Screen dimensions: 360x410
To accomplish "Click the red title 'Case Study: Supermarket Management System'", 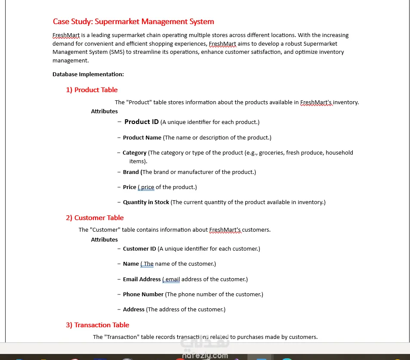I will (133, 22).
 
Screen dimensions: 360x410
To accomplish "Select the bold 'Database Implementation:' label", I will (88, 74).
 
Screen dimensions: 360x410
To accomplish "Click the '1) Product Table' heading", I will (92, 90).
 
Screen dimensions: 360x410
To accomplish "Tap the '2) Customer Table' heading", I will (95, 218).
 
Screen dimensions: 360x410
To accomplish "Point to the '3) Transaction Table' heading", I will (97, 325).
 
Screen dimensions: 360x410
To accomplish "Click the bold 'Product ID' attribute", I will (142, 122).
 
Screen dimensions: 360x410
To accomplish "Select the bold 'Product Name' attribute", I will (142, 138).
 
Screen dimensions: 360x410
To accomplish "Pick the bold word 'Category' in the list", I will (135, 153).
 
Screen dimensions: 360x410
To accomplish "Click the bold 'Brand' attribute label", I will (131, 172).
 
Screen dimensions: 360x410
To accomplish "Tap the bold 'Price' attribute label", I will (129, 187).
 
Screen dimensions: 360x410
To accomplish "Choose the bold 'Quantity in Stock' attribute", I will (146, 202).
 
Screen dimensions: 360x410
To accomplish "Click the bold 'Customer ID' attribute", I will (139, 249).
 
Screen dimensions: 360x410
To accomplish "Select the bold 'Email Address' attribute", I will (142, 279).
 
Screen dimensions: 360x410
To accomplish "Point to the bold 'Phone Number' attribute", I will (143, 295).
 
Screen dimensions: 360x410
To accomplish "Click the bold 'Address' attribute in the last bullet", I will (134, 310).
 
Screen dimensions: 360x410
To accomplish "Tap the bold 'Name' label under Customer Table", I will (131, 264).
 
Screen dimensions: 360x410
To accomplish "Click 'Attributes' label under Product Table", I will (104, 112).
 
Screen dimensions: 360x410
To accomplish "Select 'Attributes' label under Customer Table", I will (104, 240).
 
